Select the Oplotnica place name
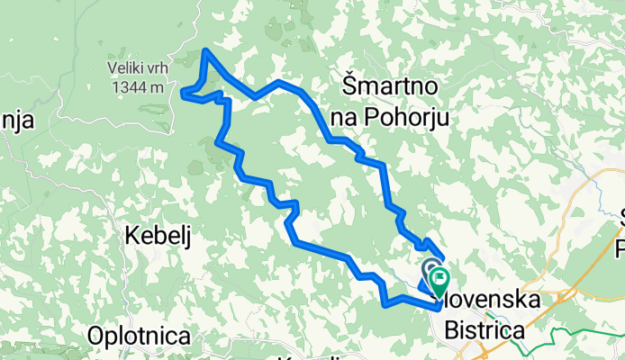click(x=139, y=336)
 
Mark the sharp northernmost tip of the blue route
click(x=207, y=50)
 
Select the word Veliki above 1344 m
click(x=118, y=68)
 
